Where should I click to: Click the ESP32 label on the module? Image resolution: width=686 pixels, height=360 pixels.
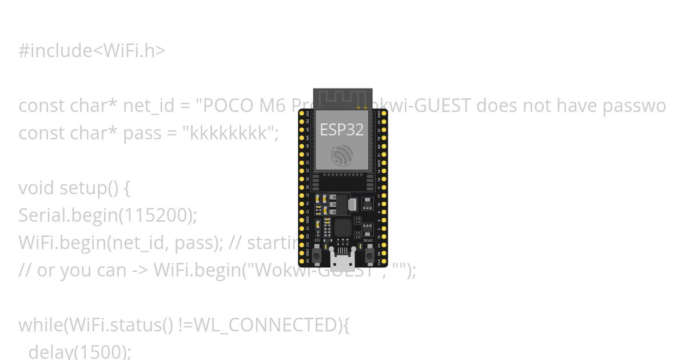(x=342, y=130)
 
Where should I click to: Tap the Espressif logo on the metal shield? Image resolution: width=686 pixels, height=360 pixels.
(x=342, y=155)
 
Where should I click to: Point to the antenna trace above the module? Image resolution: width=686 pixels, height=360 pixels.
(x=342, y=98)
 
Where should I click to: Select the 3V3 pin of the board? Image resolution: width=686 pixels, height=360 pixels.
(x=302, y=113)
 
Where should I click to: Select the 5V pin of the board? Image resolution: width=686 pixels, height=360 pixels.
(x=302, y=261)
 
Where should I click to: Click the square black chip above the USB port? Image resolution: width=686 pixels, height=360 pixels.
(x=342, y=227)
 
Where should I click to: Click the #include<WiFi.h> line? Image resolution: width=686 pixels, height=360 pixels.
(x=92, y=51)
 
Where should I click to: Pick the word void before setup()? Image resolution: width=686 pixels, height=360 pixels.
(x=37, y=188)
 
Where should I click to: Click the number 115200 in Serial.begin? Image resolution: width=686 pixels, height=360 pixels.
(x=154, y=215)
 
